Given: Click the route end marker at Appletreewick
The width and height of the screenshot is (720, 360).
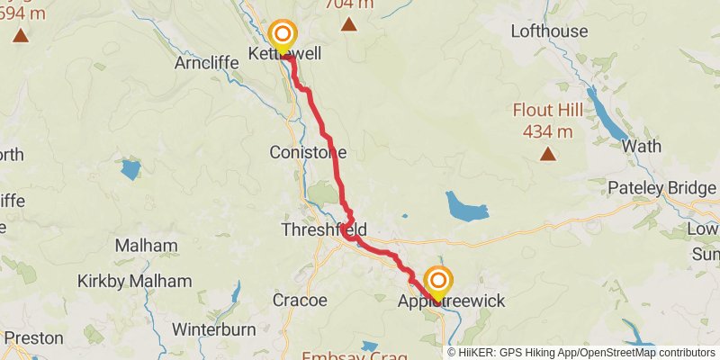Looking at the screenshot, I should pos(438,283).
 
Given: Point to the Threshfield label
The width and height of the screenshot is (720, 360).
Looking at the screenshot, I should pos(318,229).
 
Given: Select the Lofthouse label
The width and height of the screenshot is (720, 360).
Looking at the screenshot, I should pos(548,31).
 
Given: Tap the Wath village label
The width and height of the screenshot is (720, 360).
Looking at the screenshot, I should pos(641,146).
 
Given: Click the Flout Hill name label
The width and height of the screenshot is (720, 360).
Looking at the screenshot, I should pos(548,111).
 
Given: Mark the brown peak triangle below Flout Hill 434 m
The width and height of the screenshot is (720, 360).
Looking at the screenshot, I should pos(547,154).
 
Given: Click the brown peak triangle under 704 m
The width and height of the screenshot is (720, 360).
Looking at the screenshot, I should pos(348,24).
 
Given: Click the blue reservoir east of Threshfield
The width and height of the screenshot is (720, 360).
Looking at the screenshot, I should pos(467,210).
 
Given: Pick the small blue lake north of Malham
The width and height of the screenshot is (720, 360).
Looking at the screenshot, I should pos(130,168).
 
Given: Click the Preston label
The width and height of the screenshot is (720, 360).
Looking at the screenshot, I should pos(34,338).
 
